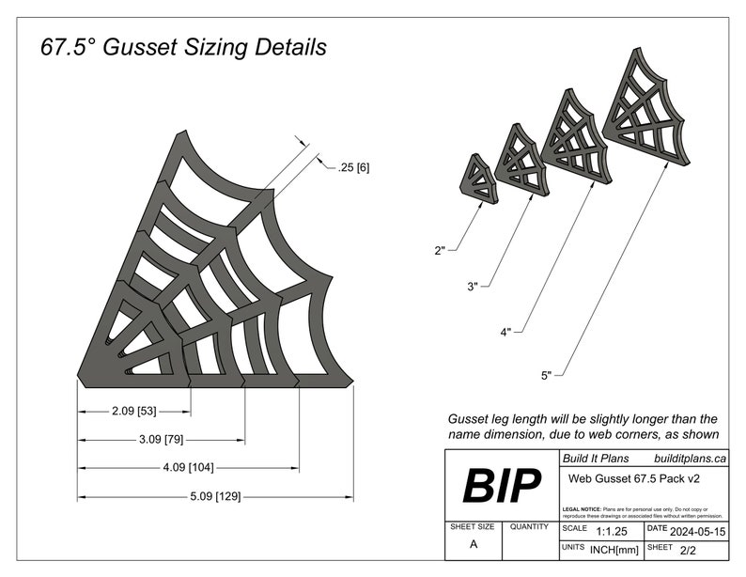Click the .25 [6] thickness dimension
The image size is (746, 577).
coord(352,167)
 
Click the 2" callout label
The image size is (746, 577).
coord(442,250)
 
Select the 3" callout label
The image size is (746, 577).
coord(472,286)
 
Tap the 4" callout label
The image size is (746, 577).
coord(506,332)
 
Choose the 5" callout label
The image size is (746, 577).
coord(546,376)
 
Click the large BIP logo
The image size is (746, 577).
coord(502,486)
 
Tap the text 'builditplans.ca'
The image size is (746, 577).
coord(689,459)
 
